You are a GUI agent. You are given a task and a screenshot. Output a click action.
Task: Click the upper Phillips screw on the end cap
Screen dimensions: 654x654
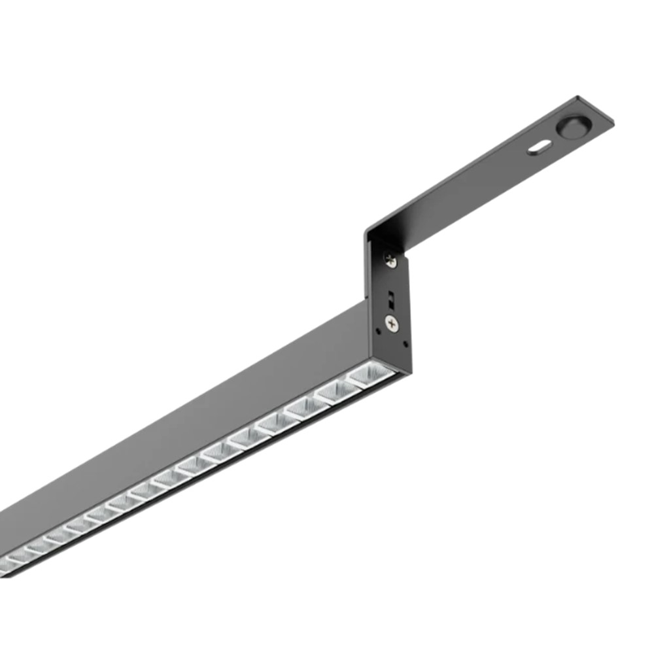click(x=390, y=260)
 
